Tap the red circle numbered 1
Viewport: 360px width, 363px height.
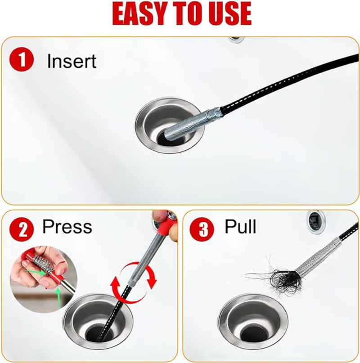click(21, 59)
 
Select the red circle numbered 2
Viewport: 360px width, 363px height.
click(21, 229)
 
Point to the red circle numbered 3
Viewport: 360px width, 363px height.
click(202, 229)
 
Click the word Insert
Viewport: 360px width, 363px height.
click(72, 61)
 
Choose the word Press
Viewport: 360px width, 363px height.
click(67, 226)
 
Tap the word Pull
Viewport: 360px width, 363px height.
click(240, 226)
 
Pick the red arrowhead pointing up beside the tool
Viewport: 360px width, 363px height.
click(115, 285)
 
